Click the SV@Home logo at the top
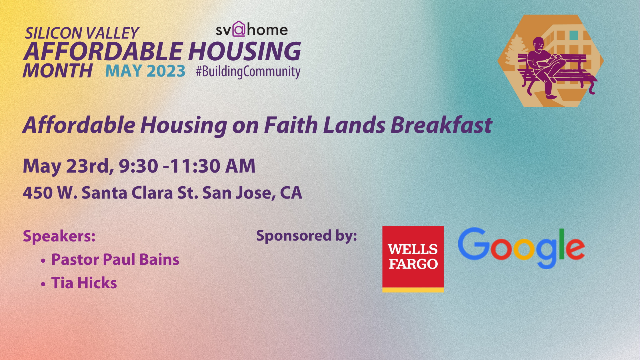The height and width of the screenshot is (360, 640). [x=251, y=29]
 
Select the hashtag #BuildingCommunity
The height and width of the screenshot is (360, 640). [x=248, y=71]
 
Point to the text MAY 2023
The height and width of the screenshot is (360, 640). [x=145, y=71]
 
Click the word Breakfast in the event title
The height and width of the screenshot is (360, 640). [x=441, y=125]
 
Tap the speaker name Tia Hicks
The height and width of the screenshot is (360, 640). [x=84, y=283]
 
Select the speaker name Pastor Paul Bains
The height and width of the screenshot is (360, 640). [x=115, y=259]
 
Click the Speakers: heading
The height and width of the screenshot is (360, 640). [x=59, y=236]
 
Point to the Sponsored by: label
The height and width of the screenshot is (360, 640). [x=307, y=236]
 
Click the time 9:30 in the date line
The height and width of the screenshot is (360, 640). [x=138, y=166]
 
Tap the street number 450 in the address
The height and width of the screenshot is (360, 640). [x=38, y=193]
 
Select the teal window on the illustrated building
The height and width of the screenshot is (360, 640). [x=574, y=35]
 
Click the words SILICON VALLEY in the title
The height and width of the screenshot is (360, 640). [x=82, y=33]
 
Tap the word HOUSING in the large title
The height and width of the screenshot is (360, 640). [x=244, y=51]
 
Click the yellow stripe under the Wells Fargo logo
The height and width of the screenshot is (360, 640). [x=413, y=290]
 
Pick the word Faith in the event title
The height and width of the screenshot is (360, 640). [x=291, y=125]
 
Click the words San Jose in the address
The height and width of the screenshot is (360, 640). [x=237, y=193]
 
